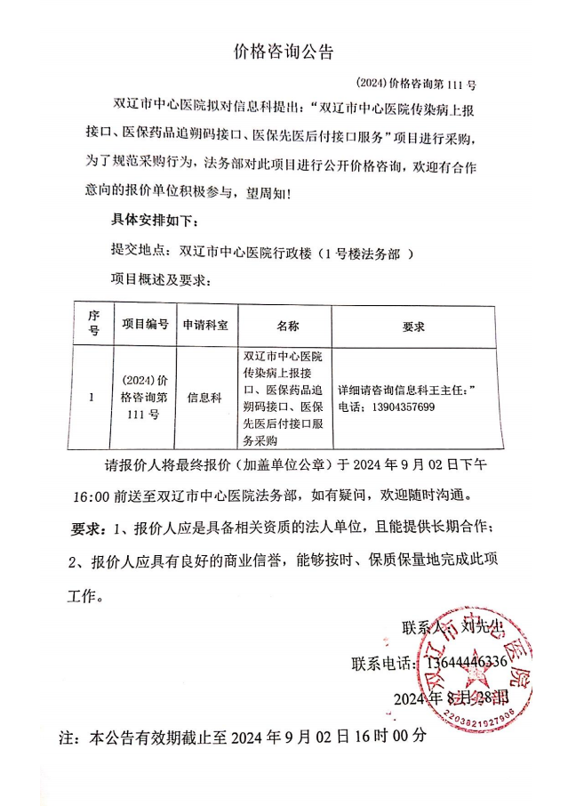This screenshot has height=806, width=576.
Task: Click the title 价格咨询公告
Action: coord(283,52)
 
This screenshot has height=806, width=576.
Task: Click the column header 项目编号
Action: coord(145,326)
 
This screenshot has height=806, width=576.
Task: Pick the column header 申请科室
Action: coord(205,326)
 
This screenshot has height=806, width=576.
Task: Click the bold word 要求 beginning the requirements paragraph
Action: coord(88,527)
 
